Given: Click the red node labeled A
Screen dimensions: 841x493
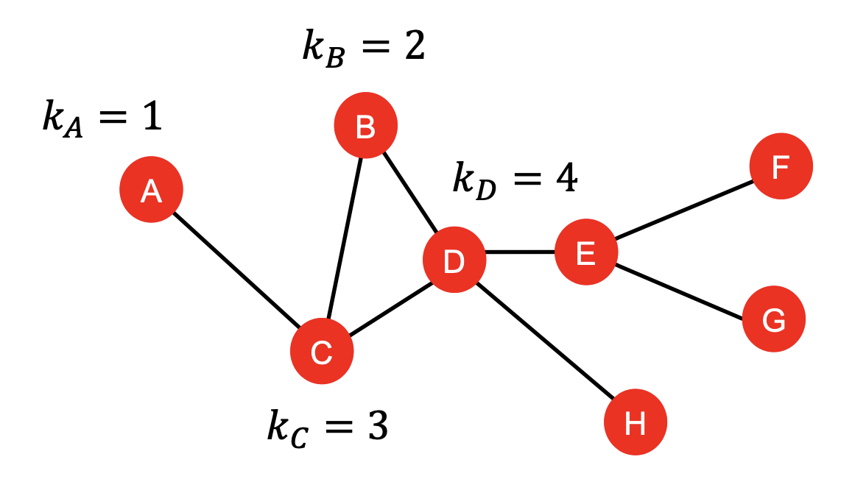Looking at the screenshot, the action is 151,190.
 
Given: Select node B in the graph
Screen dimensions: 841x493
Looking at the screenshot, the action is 365,126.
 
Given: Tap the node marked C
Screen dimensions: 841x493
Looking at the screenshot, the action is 322,352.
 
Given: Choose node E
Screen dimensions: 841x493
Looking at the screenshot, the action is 585,252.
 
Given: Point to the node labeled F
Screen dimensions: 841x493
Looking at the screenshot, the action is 781,166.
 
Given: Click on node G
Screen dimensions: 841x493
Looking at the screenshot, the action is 773,319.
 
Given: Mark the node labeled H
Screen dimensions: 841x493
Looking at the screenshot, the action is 635,422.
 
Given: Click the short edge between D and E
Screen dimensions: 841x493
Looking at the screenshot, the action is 520,252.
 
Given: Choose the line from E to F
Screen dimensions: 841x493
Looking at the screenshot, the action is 683,209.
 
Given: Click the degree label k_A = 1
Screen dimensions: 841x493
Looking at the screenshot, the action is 102,118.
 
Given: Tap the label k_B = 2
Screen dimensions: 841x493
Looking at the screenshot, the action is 363,48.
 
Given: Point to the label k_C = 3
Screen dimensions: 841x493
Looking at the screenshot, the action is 327,427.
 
